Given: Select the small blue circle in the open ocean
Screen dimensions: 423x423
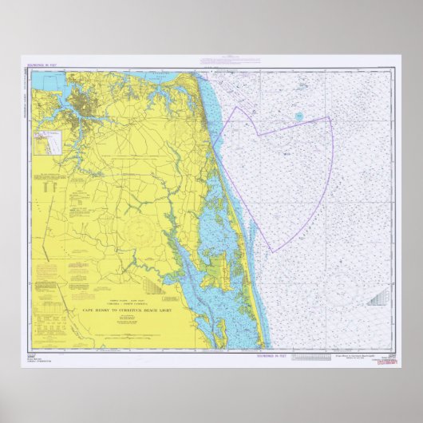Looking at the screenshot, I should click(298, 117).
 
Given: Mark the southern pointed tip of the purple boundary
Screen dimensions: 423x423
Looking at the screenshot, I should click(273, 252).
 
